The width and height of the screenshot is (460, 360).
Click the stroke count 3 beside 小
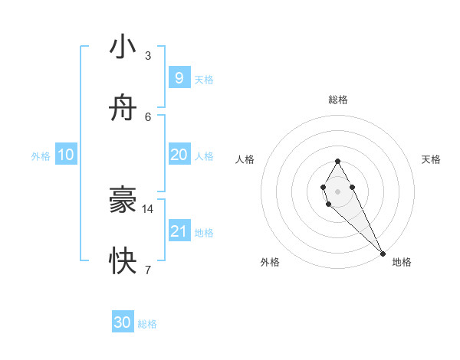tap(148, 55)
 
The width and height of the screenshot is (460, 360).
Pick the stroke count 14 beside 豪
tap(148, 208)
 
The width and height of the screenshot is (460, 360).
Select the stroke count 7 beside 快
tap(148, 270)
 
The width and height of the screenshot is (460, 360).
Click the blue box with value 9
tap(179, 77)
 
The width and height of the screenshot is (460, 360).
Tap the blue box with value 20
tap(179, 154)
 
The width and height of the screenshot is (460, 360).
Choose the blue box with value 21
tap(179, 231)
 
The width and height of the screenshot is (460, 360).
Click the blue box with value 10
tap(65, 154)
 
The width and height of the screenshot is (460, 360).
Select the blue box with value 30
tap(123, 322)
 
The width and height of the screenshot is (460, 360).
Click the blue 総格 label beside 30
tap(147, 324)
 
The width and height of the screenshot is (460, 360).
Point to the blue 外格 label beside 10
tap(41, 155)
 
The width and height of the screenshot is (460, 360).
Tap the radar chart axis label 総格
tap(338, 100)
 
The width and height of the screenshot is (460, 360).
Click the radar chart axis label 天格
tap(431, 159)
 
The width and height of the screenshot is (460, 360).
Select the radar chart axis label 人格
tap(245, 159)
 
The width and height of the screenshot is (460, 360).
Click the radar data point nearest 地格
tap(383, 254)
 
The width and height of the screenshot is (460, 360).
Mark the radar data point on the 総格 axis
tap(337, 161)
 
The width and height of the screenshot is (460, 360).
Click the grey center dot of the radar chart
tap(337, 191)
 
